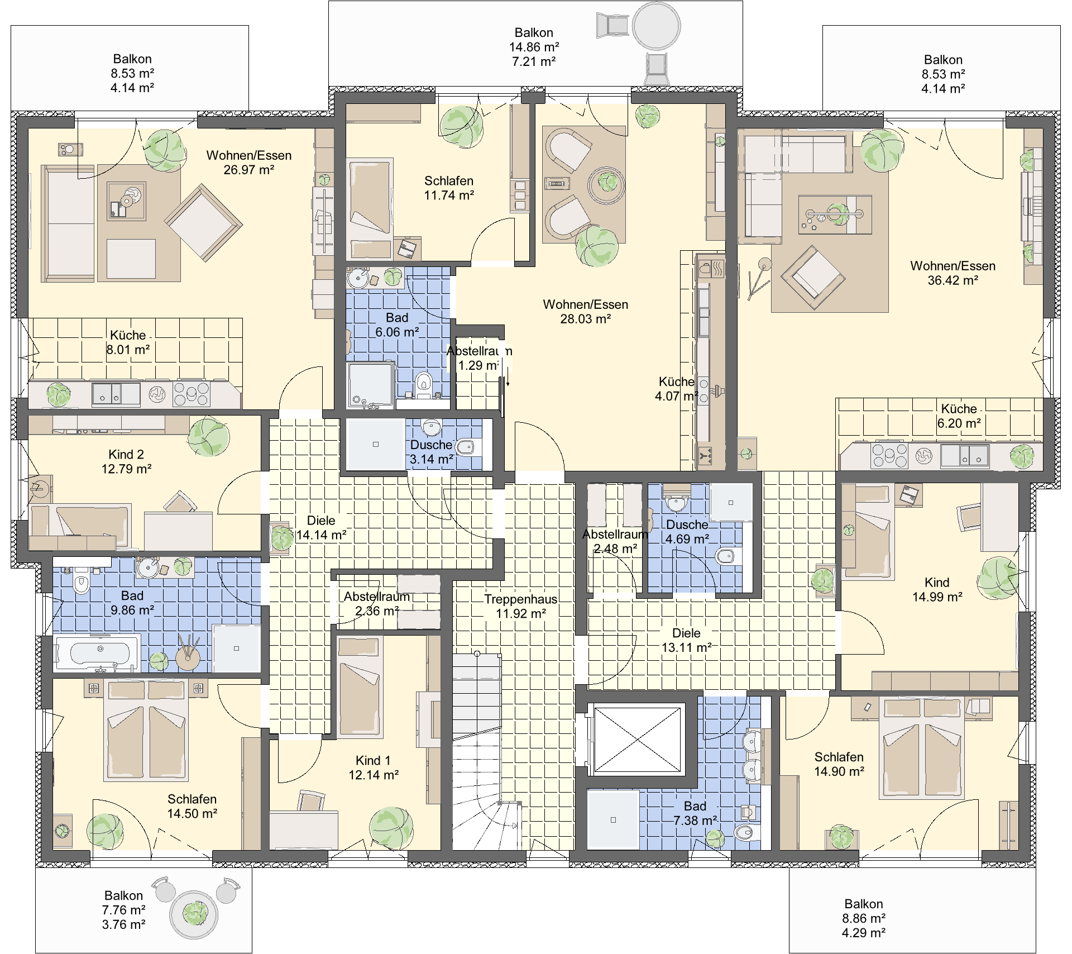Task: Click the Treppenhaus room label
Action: [520, 599]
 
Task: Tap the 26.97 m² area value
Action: [249, 170]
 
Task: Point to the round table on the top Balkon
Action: [656, 26]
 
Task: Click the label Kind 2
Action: [126, 455]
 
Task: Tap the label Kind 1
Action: [373, 761]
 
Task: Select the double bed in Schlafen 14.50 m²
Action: [146, 730]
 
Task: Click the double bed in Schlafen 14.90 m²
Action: [922, 747]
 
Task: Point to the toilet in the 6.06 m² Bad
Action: [424, 384]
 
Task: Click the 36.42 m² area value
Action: [953, 280]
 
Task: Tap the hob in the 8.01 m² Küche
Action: [192, 393]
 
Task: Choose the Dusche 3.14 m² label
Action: [432, 452]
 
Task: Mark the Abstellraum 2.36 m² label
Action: [377, 604]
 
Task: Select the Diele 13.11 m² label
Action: [686, 640]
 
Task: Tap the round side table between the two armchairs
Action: [607, 185]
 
